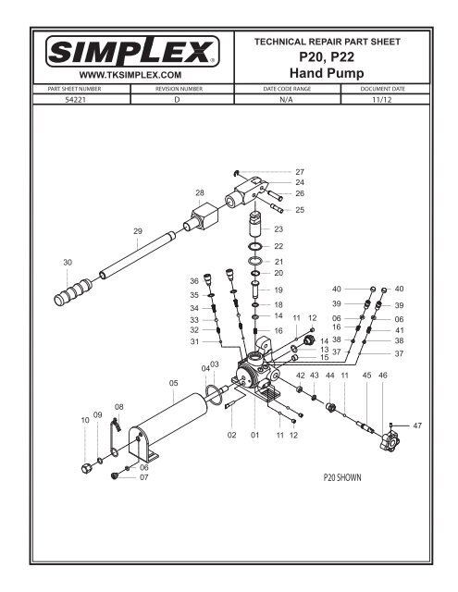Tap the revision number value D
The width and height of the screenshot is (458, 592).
click(x=176, y=99)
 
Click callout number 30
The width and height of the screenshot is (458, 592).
click(x=67, y=263)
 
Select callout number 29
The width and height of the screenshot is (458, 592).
click(x=138, y=230)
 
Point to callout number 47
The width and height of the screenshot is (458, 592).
click(x=417, y=425)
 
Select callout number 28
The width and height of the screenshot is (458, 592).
click(x=199, y=191)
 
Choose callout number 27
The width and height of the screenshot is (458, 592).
click(x=299, y=172)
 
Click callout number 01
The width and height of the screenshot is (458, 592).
click(x=254, y=435)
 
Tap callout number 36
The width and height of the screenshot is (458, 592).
click(x=194, y=280)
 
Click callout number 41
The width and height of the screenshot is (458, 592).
click(x=400, y=330)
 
